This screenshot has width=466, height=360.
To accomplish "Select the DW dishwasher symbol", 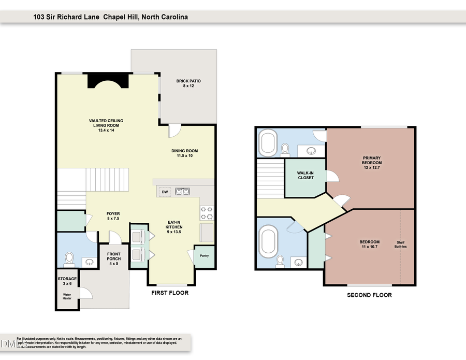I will pos(165,192).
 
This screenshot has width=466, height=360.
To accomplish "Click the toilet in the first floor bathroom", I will pos(69,257).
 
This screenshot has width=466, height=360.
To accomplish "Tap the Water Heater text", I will pos(67,299).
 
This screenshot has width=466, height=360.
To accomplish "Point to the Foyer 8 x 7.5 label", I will pos(113,216).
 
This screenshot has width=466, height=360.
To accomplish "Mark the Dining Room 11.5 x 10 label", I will pos(185,154).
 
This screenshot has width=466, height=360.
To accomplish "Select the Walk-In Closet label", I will pos(305,175).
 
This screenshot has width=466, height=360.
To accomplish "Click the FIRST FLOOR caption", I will pos(170,293).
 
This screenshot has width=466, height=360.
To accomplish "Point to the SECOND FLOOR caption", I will pos(370,295).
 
